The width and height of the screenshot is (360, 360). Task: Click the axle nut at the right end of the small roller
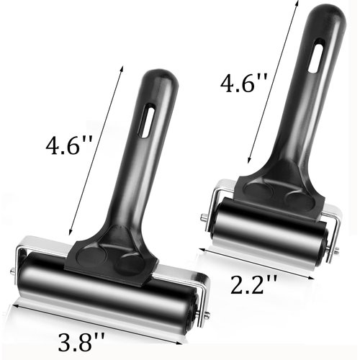coord(336,251)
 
